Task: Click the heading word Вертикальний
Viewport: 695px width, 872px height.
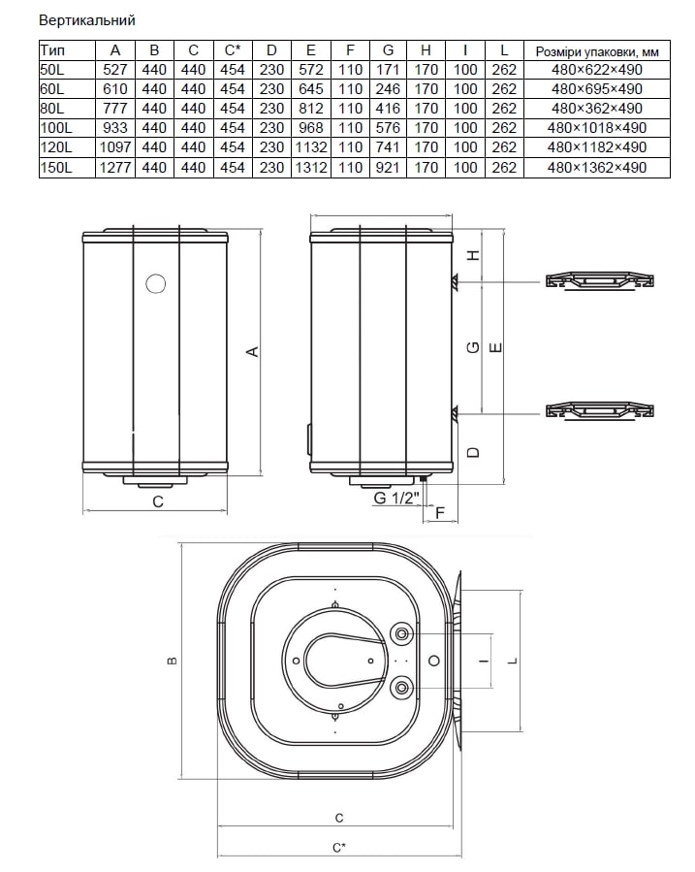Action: coord(87,20)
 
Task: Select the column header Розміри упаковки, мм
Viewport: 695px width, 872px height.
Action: coord(597,51)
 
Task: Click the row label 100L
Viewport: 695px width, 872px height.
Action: coord(56,128)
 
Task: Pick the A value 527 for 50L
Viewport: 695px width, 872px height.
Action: coord(115,70)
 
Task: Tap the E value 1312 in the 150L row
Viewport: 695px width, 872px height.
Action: coord(311,168)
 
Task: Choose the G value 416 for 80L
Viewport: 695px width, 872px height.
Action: coord(388,109)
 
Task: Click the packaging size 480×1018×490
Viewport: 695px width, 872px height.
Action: coord(597,128)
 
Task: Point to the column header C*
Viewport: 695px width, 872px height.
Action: coord(233,50)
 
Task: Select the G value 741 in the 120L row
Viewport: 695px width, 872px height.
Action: coord(388,147)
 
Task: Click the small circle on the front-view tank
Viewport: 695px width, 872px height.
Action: coord(155,284)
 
